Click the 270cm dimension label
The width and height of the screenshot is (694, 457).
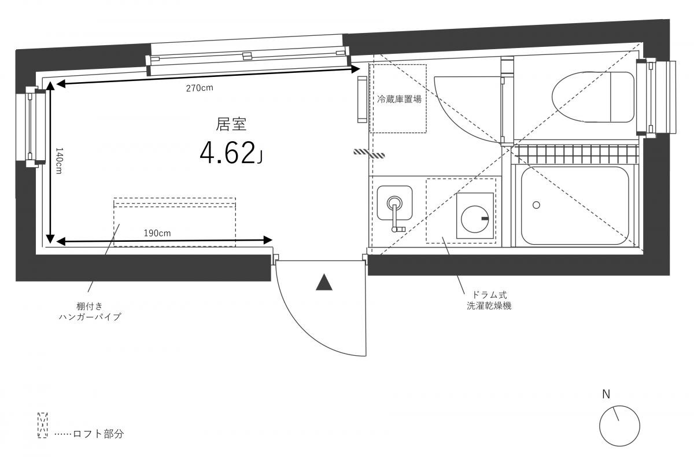click(x=200, y=88)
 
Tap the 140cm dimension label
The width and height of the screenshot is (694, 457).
click(x=59, y=160)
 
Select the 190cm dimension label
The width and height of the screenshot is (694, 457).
click(x=157, y=233)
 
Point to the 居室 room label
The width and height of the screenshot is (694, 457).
click(x=231, y=124)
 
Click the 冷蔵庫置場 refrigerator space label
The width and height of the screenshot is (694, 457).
click(x=399, y=99)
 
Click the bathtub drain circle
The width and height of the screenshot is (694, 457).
click(x=536, y=205)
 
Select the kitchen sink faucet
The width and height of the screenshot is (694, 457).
click(x=396, y=214)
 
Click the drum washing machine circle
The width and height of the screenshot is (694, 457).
click(x=475, y=219)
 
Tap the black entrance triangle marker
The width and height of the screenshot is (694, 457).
click(x=324, y=282)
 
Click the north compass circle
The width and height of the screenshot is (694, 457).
click(x=619, y=426)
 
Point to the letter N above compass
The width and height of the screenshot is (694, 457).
click(x=606, y=395)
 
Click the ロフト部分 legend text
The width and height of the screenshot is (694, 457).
click(x=98, y=433)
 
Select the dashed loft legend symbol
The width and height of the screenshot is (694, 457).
click(x=42, y=425)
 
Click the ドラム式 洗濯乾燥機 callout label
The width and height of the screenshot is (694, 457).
click(x=489, y=300)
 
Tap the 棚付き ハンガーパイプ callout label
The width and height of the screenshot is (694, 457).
click(x=90, y=311)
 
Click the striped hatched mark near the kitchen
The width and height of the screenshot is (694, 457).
click(x=370, y=153)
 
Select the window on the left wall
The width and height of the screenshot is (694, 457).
click(x=32, y=127)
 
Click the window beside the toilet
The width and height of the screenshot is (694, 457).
click(x=656, y=98)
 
